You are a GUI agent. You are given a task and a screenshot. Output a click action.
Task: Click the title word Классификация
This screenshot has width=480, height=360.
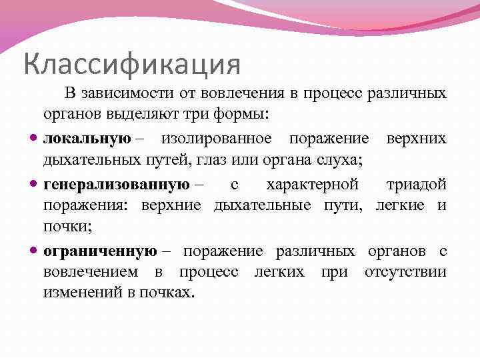[x=131, y=64]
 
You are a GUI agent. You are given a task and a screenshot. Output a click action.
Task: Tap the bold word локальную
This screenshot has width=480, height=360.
[x=87, y=138]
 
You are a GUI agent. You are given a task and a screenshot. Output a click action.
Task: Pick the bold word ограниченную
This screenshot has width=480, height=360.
[x=100, y=251]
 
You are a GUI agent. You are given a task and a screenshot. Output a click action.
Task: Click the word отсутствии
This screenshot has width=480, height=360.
[x=405, y=271]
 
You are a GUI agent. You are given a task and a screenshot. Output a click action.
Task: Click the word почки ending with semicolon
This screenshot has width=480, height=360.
[x=67, y=227]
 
